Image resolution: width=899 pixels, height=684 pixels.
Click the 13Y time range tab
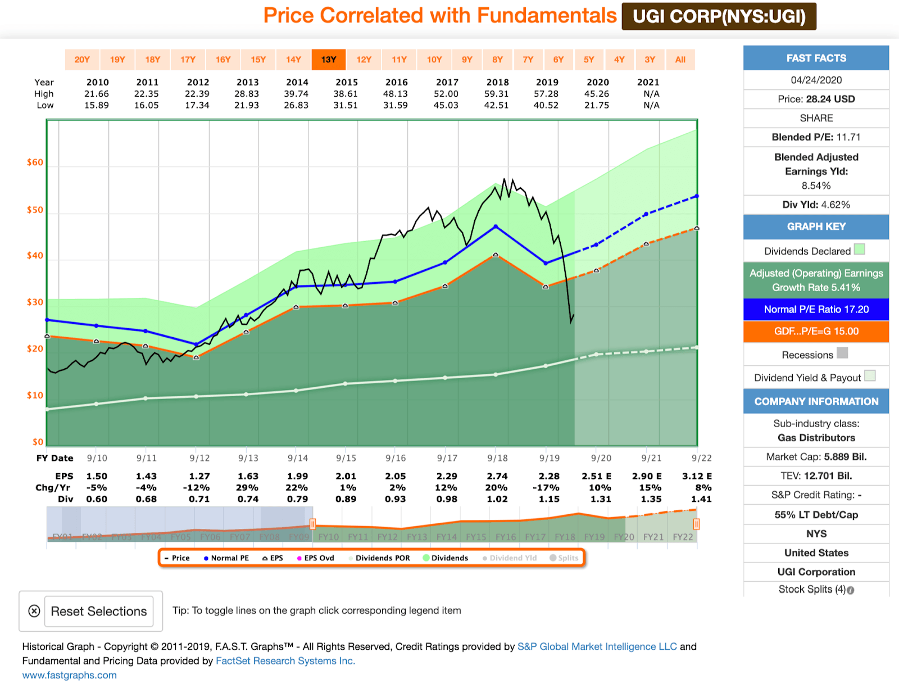[329, 60]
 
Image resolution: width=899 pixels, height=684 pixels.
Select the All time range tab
[680, 60]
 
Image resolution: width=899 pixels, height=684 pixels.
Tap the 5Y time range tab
[588, 60]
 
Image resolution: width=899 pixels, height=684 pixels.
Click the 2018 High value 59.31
[497, 94]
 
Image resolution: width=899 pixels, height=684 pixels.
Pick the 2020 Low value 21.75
[597, 105]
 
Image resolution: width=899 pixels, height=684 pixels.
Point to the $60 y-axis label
[35, 162]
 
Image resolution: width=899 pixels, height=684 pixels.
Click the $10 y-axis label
[35, 395]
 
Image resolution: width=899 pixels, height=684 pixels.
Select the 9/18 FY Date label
[498, 458]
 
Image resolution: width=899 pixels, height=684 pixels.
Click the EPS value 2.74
[497, 476]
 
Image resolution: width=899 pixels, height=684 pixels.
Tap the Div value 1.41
[701, 499]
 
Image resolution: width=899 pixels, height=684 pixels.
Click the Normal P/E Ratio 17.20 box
[816, 309]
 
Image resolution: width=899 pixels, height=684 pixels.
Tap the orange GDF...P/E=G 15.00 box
[816, 331]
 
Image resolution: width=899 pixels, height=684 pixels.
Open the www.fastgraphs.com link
[70, 675]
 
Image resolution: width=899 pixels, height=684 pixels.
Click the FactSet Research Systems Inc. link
[285, 661]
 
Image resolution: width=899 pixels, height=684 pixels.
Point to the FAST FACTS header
[816, 58]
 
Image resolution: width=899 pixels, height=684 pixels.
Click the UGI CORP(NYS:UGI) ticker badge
[719, 16]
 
